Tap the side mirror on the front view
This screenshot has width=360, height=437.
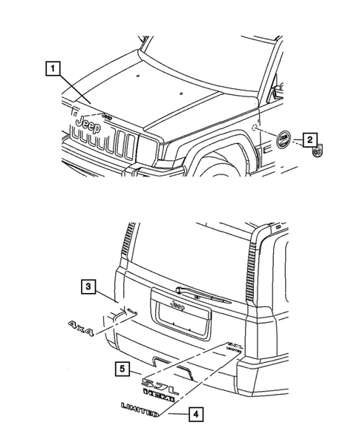coord(278,91)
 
